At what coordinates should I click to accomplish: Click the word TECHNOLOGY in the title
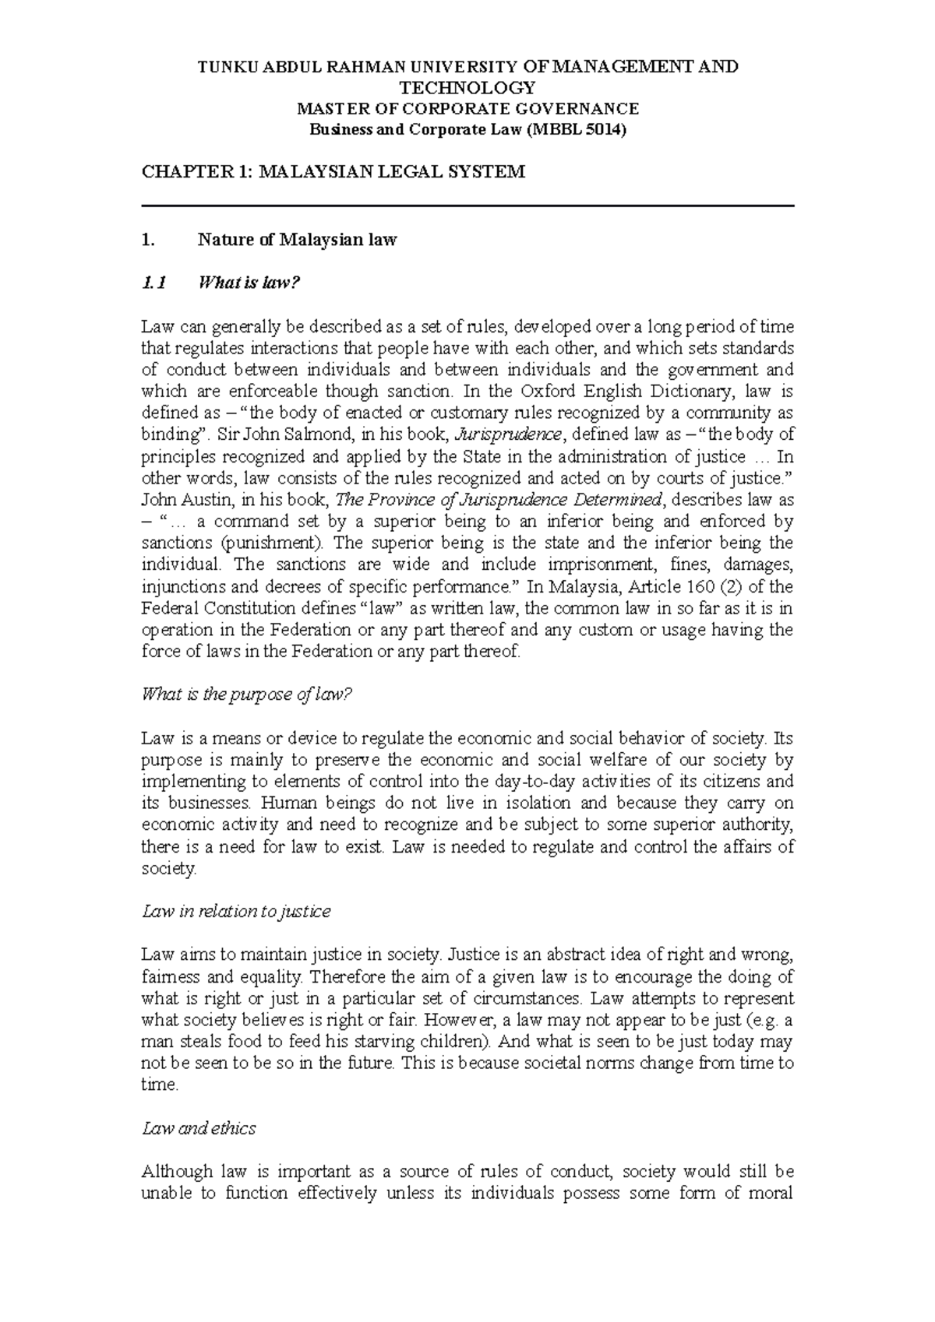coord(467,87)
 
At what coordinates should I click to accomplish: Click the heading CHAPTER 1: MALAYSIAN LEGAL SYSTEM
coord(333,172)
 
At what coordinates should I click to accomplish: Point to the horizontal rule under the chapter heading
coord(467,206)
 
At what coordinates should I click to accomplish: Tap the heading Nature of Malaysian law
coord(298,240)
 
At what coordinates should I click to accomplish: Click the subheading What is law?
coord(249,283)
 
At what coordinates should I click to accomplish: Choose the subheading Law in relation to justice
coord(236,911)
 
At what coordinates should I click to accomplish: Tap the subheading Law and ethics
coord(199,1128)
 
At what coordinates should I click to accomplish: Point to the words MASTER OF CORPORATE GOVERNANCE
coord(467,108)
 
